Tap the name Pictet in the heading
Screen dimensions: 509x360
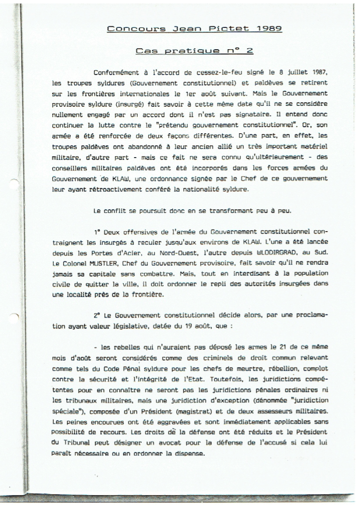click(x=230, y=29)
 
